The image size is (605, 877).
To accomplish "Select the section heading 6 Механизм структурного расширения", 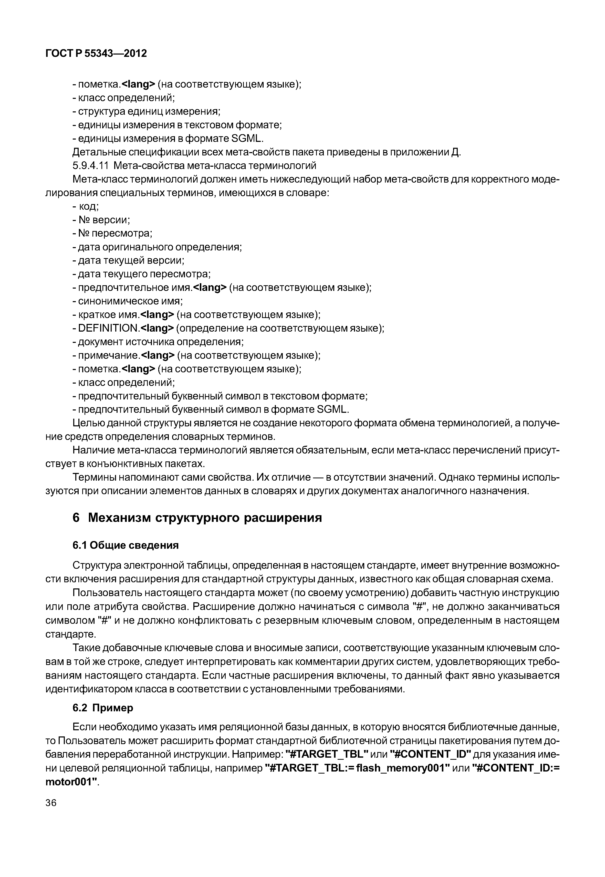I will pos(197,517).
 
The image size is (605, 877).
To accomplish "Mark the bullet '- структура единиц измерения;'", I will pos(146,111).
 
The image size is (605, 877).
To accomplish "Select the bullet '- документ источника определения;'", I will pos(158,342).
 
